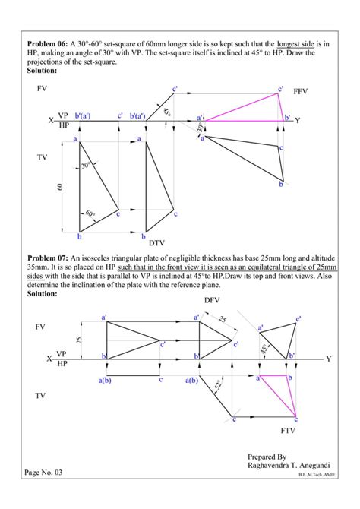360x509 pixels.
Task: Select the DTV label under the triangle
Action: pyautogui.click(x=156, y=243)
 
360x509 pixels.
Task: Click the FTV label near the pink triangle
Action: pyautogui.click(x=287, y=430)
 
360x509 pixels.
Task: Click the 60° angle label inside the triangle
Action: pyautogui.click(x=91, y=214)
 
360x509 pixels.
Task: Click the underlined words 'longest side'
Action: pyautogui.click(x=295, y=44)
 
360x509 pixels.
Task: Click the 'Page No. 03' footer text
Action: pyautogui.click(x=47, y=473)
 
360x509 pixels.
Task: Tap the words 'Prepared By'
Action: pyautogui.click(x=267, y=456)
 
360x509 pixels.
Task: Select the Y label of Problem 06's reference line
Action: pyautogui.click(x=298, y=120)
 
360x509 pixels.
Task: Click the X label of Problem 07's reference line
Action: pyautogui.click(x=51, y=358)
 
